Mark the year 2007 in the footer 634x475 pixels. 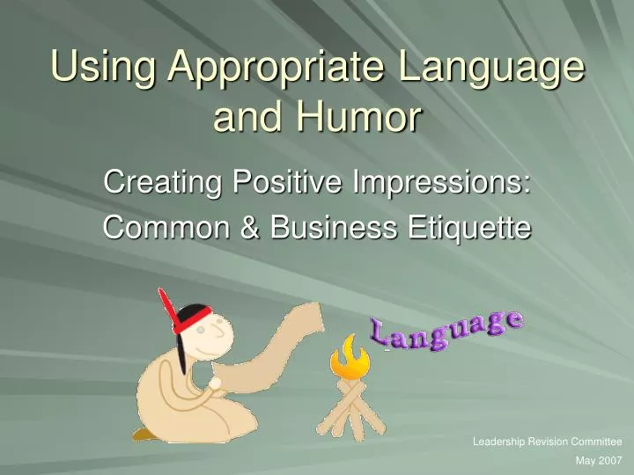[x=610, y=460]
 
